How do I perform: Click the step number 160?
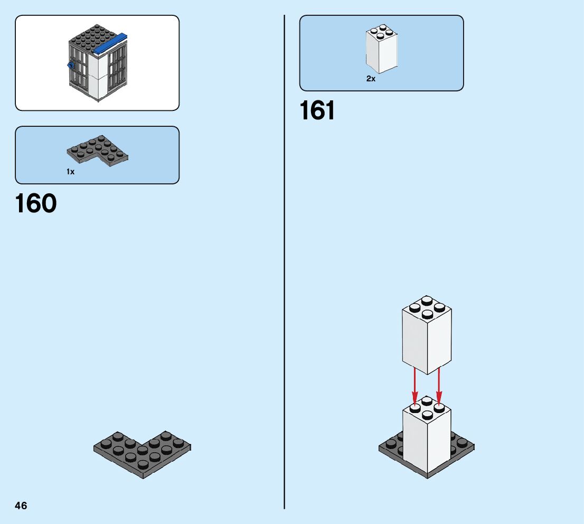(36, 203)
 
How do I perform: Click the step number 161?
(317, 111)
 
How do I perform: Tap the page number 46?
(21, 506)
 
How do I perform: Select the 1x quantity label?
(71, 172)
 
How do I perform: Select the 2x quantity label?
(371, 79)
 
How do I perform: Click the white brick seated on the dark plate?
(427, 438)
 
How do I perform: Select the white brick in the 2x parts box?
(381, 50)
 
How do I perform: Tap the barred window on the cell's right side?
(117, 66)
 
